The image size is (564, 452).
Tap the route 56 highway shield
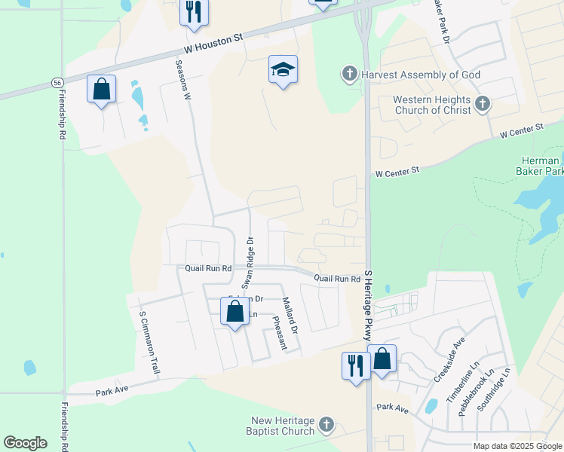[x=57, y=81]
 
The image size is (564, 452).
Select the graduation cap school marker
[x=283, y=71]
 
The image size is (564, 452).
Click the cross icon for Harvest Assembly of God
[x=349, y=73]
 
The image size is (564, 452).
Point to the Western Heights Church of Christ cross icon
[x=483, y=104]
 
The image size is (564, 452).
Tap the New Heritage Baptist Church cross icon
[x=326, y=425]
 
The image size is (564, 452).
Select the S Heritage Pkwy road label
[x=369, y=305]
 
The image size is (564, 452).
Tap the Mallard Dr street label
[x=290, y=316]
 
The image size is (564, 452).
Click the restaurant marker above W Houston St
[x=194, y=13]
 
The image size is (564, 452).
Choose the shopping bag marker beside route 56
[x=101, y=90]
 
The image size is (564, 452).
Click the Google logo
[x=25, y=443]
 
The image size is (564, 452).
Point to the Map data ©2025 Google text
[x=516, y=446]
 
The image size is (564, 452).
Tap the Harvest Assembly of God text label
[x=421, y=75]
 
